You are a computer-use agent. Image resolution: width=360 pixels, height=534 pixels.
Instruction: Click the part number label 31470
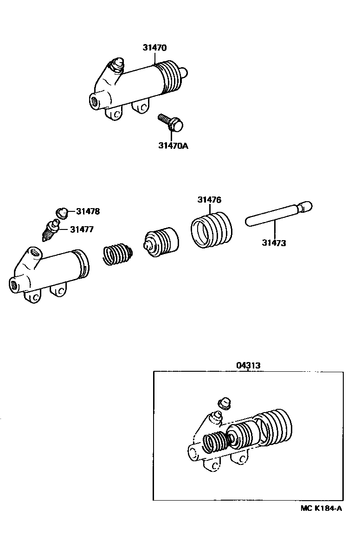click(x=154, y=48)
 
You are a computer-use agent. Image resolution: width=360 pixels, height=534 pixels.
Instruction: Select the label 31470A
click(x=173, y=146)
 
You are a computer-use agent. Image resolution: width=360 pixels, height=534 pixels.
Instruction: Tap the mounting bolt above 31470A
click(x=171, y=122)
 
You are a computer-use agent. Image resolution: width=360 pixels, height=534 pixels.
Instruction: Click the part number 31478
click(x=88, y=212)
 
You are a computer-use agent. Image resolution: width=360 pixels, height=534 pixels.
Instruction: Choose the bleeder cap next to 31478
click(x=60, y=212)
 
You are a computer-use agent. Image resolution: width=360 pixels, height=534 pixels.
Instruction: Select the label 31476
click(x=209, y=200)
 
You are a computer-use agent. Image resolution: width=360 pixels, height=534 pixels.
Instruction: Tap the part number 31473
click(x=274, y=242)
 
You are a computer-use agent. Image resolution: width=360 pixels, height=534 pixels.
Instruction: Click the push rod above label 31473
click(x=277, y=214)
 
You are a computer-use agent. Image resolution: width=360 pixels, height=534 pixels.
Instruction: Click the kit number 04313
click(x=248, y=365)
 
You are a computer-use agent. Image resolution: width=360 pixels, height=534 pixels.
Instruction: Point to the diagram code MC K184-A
click(x=321, y=509)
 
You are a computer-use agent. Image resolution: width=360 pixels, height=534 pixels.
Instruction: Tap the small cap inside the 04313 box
click(x=224, y=402)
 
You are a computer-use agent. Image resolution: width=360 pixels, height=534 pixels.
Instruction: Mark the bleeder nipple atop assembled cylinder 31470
click(x=116, y=65)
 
